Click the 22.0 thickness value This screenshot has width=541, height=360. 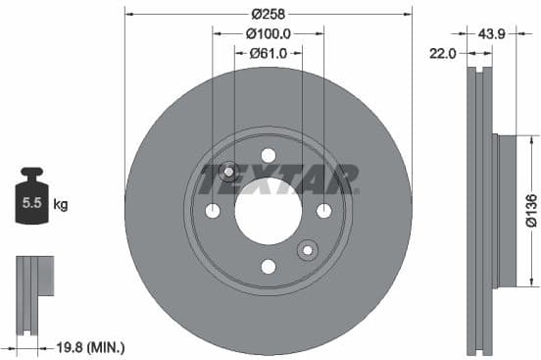(444, 54)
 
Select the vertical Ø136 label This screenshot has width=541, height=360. (530, 210)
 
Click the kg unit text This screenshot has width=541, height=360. (61, 205)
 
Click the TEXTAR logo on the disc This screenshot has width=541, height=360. (279, 180)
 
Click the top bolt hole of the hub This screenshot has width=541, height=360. (269, 155)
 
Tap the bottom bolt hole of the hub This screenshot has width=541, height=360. (269, 266)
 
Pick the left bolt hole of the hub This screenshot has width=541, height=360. (213, 211)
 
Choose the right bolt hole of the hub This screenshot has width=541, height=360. (323, 211)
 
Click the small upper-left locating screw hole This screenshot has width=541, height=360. (228, 173)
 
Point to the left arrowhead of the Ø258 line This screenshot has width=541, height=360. (129, 14)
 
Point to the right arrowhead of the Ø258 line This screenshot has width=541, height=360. (408, 14)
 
